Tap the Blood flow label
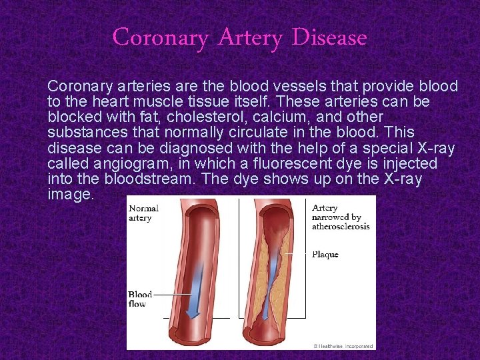click(140, 299)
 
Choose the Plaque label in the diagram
click(324, 254)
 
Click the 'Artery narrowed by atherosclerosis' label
click(340, 217)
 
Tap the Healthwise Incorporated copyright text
click(343, 346)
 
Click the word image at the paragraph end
click(70, 195)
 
